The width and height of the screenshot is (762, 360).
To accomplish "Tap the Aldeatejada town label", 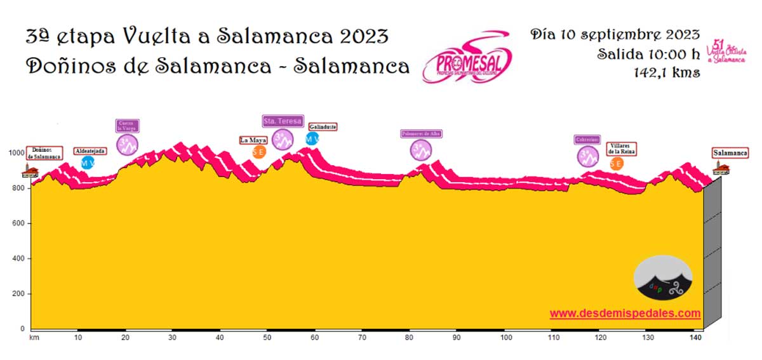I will pyautogui.click(x=90, y=151).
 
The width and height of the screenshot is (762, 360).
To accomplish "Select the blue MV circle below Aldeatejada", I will pyautogui.click(x=88, y=163).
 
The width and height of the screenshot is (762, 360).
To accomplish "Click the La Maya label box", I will pyautogui.click(x=253, y=140).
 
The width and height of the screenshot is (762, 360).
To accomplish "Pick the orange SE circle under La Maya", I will pyautogui.click(x=258, y=152).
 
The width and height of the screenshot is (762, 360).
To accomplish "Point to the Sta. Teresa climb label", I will pyautogui.click(x=283, y=121).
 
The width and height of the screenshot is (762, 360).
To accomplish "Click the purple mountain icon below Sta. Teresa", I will pyautogui.click(x=283, y=139).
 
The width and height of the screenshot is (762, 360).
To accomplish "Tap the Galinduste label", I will pyautogui.click(x=323, y=127).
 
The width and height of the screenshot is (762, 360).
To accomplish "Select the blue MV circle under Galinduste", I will pyautogui.click(x=312, y=138).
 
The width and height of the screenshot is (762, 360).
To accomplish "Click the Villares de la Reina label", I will pyautogui.click(x=622, y=149).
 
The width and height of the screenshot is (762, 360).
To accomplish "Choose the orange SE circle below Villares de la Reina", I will pyautogui.click(x=616, y=163).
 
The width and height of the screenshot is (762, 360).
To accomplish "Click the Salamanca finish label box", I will pyautogui.click(x=730, y=153).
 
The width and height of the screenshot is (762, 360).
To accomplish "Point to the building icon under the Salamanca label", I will pyautogui.click(x=720, y=168).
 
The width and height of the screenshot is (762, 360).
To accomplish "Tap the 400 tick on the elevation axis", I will pyautogui.click(x=17, y=258).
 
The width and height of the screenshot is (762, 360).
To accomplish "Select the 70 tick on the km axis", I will pyautogui.click(x=363, y=337).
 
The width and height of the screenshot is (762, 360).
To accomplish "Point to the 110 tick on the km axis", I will pyautogui.click(x=553, y=337).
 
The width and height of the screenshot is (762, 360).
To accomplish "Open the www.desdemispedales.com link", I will pyautogui.click(x=625, y=313).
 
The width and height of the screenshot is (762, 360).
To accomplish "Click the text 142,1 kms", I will pyautogui.click(x=667, y=72).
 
